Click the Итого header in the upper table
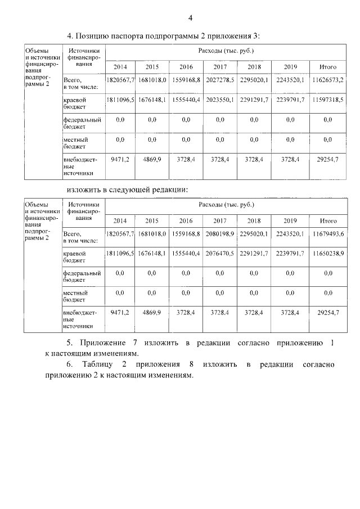click(x=328, y=66)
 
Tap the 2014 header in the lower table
click(x=120, y=220)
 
